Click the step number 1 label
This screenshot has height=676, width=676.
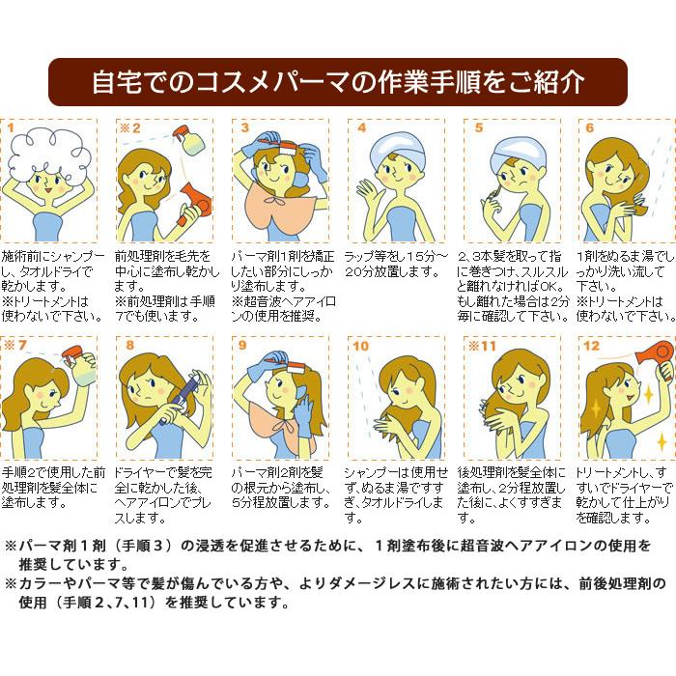(12, 127)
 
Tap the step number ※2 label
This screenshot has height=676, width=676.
(129, 127)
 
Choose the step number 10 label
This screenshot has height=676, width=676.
(360, 345)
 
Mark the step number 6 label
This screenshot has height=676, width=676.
(589, 127)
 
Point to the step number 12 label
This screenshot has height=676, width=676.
(591, 345)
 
